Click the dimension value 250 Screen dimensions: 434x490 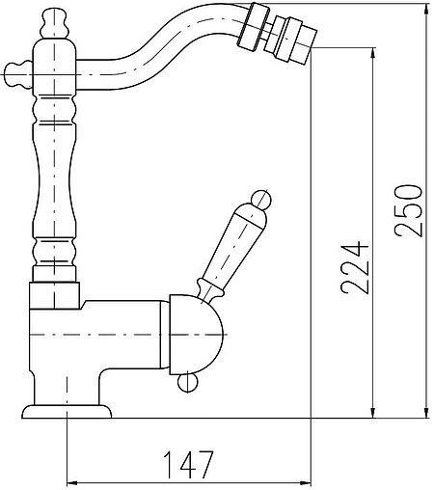[407, 210]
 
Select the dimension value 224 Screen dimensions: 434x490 [354, 268]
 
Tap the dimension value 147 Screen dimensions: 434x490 [188, 465]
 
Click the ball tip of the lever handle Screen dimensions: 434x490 [261, 200]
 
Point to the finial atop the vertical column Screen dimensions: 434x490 [55, 24]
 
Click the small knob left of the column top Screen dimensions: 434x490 [17, 74]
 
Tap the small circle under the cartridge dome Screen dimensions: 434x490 [187, 383]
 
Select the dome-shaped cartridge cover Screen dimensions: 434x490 [196, 335]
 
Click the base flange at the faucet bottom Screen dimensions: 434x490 [67, 412]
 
